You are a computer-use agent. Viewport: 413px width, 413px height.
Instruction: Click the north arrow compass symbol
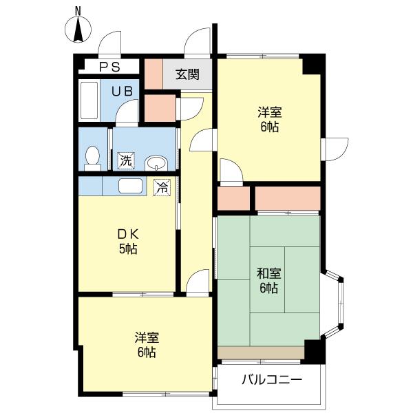coord(78,29)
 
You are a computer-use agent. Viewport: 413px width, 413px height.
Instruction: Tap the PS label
coord(109,67)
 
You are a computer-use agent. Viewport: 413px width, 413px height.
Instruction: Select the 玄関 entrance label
coord(187,74)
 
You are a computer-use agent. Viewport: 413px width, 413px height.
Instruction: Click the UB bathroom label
coord(122,92)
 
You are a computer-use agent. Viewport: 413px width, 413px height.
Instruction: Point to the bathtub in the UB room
coord(89,100)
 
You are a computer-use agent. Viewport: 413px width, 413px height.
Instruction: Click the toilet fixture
coord(92,158)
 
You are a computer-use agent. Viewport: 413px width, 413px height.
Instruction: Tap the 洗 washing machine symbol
coord(126,160)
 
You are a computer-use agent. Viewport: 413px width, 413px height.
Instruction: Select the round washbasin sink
coord(156,163)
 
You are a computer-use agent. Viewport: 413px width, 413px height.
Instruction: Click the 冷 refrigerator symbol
coord(162,187)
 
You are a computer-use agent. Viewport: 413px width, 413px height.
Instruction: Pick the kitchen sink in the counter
coord(130,186)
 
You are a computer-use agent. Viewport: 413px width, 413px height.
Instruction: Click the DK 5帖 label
coord(128,241)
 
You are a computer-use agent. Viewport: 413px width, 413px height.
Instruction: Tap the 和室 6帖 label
coord(268,281)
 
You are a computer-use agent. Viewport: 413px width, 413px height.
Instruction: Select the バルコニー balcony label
coord(272,379)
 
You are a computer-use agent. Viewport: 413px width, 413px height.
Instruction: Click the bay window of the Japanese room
coord(333,304)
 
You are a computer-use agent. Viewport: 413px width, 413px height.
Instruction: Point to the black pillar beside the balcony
coord(314,352)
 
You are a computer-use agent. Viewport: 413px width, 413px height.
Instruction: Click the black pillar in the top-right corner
coord(312,64)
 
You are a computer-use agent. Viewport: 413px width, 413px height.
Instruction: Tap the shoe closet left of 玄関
coord(153,74)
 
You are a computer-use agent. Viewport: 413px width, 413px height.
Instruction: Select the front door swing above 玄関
coord(198,43)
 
